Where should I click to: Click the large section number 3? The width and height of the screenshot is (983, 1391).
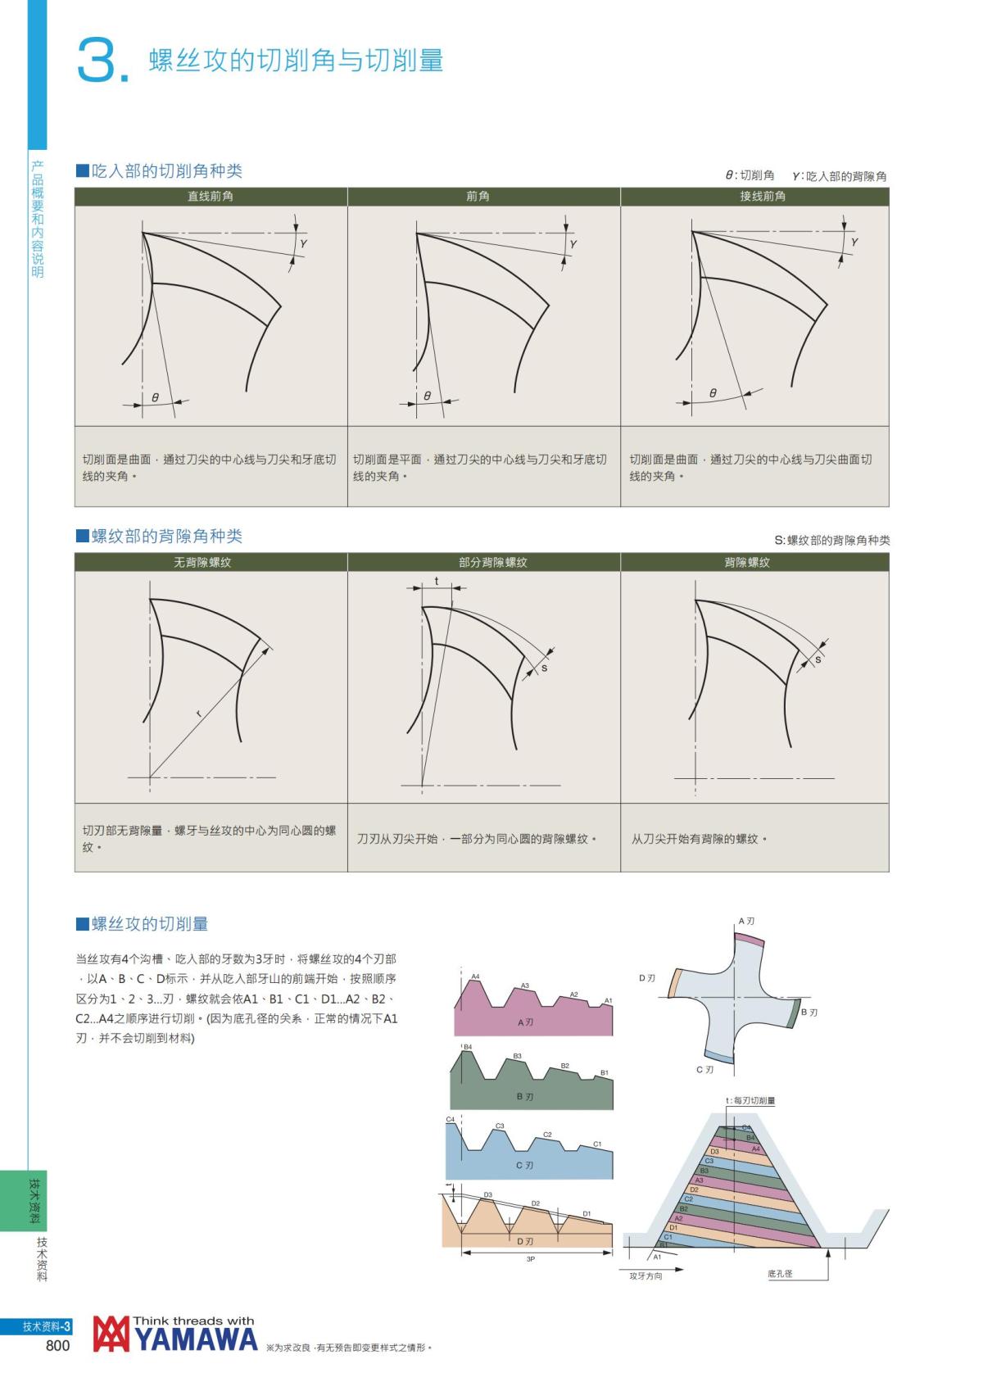click(98, 59)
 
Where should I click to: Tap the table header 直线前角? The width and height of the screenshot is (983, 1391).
click(211, 197)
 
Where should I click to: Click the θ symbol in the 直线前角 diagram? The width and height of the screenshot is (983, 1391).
click(155, 397)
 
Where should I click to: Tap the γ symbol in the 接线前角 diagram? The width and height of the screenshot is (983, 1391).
click(854, 242)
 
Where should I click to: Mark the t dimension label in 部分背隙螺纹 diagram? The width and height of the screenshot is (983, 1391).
click(437, 581)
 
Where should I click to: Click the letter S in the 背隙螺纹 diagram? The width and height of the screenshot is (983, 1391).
click(818, 660)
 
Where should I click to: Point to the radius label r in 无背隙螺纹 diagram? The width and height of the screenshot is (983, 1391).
click(198, 714)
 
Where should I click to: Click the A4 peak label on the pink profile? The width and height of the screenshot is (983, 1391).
click(475, 976)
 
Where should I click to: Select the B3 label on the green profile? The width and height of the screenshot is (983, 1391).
click(517, 1057)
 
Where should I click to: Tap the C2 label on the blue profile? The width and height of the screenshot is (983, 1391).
click(547, 1135)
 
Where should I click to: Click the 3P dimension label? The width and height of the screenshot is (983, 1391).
click(531, 1259)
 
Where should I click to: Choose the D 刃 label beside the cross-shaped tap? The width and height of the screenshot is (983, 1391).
click(647, 978)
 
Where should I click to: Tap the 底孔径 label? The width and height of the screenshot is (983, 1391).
click(780, 1274)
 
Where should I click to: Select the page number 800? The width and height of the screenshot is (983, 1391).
click(58, 1346)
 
